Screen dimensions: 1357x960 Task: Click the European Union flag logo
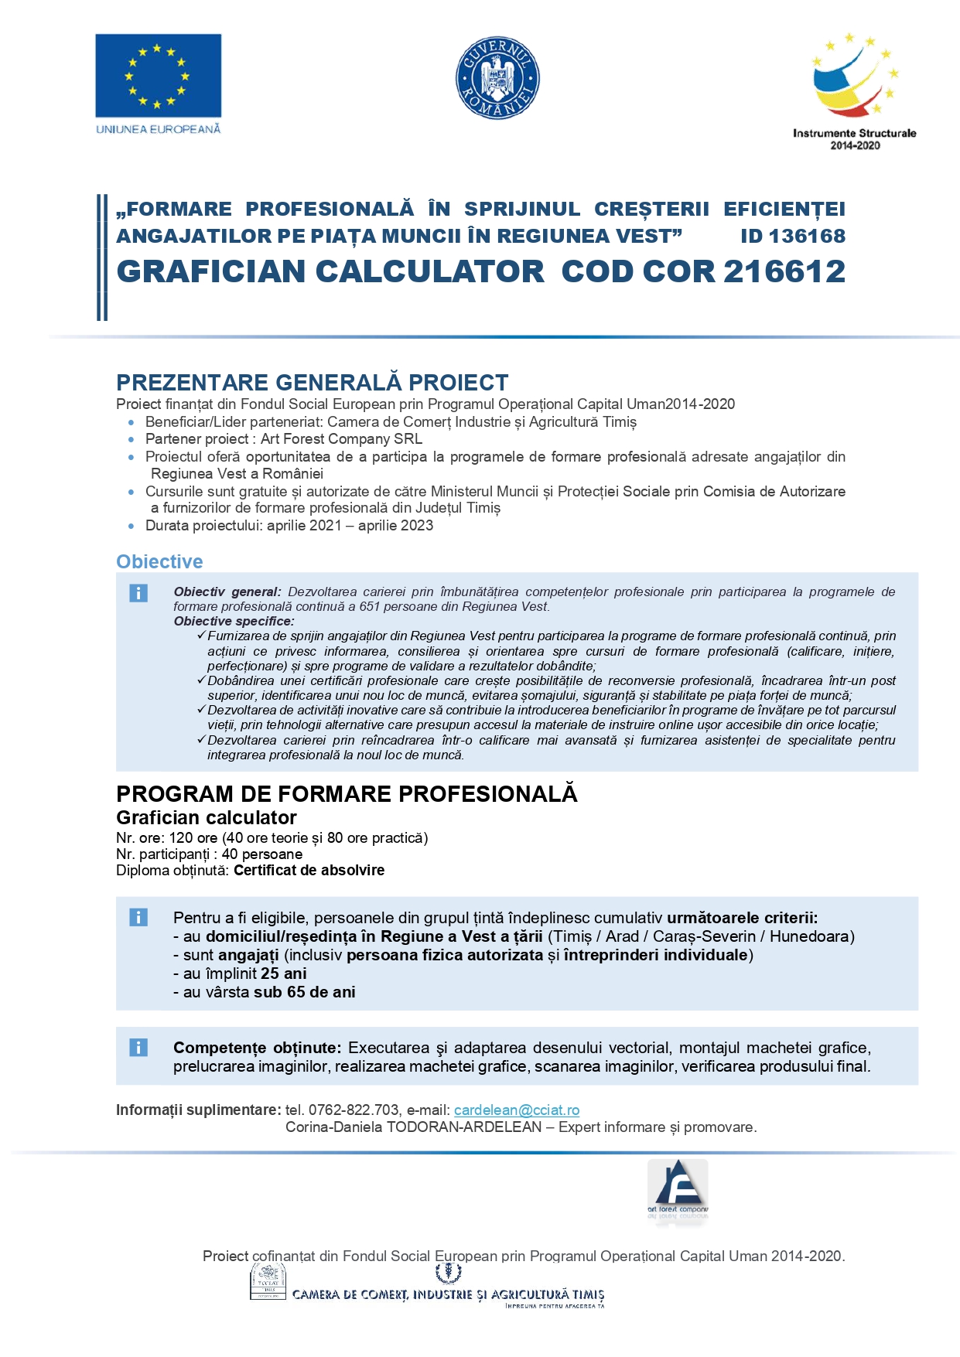point(158,76)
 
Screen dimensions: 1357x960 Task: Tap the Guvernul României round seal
point(497,78)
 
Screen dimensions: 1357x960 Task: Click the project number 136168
point(807,236)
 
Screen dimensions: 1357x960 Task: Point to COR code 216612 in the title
point(784,271)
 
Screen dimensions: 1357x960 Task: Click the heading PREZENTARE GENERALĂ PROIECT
point(312,382)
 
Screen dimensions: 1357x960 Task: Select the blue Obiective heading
point(159,561)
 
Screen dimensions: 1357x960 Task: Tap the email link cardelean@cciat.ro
point(516,1110)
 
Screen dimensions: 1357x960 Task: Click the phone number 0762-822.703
point(354,1110)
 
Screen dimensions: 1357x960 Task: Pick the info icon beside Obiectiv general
point(138,593)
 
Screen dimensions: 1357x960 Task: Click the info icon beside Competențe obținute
point(138,1048)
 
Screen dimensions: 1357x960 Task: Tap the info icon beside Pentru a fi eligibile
point(138,918)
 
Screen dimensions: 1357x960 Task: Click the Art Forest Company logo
point(678,1190)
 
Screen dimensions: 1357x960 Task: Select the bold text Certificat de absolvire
point(309,870)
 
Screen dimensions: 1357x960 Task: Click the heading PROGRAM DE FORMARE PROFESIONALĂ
point(347,794)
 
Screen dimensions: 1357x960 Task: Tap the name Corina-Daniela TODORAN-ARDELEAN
point(413,1127)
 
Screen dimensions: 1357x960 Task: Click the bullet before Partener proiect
point(131,439)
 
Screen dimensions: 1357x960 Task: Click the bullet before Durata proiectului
point(131,526)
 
